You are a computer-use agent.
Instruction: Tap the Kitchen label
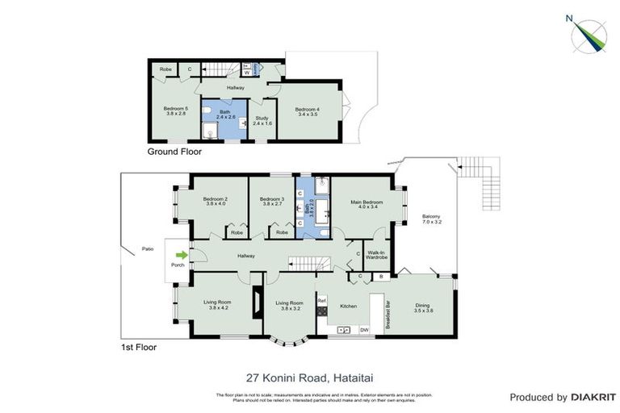point(348,307)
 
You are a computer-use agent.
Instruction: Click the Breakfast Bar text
point(388,315)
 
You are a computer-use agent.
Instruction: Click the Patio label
point(147,248)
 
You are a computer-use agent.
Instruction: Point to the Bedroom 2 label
point(215,201)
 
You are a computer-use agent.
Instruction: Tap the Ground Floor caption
point(174,151)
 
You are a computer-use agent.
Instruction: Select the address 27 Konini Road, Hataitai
point(309,377)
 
